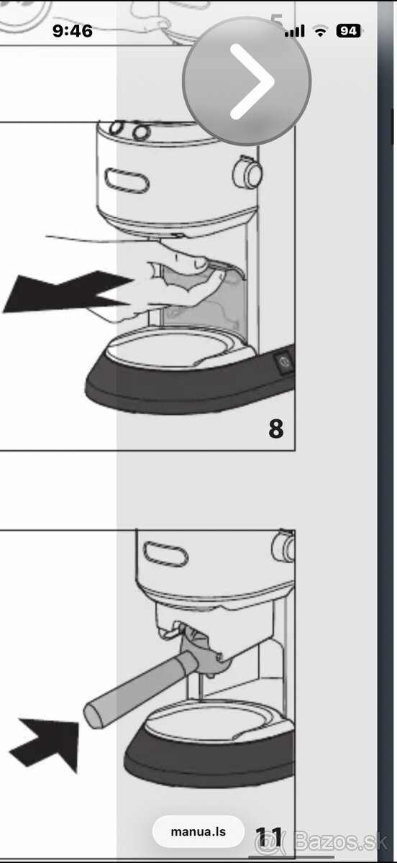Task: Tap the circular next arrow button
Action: tap(247, 82)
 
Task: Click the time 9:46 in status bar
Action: tap(73, 31)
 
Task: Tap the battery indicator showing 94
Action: tap(349, 31)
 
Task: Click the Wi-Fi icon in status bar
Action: tap(321, 31)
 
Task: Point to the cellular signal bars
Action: tap(294, 32)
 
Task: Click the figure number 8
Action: tap(275, 429)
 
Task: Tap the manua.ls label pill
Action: tap(198, 832)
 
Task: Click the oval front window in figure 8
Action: tap(127, 180)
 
